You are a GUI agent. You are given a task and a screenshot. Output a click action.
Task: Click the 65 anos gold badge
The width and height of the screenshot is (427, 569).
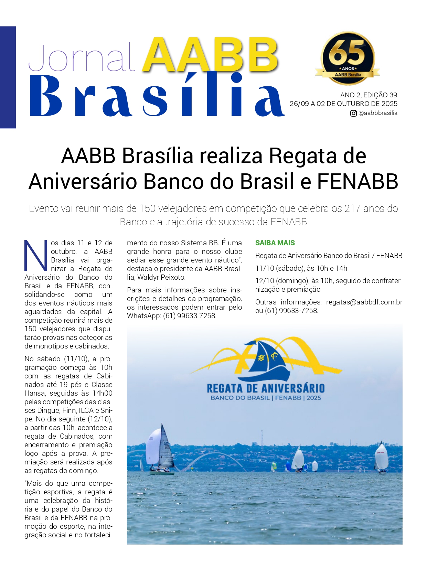(x=348, y=58)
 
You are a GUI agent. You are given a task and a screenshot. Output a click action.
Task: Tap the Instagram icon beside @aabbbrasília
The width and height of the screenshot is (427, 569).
(x=353, y=113)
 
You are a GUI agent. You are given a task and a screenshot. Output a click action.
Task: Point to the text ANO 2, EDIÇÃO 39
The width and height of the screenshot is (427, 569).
(x=369, y=95)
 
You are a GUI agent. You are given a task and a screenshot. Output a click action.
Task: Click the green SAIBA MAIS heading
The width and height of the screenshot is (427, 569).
(x=275, y=243)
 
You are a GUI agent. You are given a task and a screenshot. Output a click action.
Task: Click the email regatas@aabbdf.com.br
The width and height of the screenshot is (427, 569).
(x=364, y=302)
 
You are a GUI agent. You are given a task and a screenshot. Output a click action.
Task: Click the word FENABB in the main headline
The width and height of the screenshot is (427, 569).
(x=357, y=181)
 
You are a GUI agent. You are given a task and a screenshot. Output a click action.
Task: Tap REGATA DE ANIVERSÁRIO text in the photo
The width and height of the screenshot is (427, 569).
(x=265, y=388)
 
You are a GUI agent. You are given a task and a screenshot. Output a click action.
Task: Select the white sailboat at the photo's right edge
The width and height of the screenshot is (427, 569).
(x=381, y=457)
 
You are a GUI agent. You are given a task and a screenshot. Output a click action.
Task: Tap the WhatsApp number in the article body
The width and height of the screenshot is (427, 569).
(x=189, y=316)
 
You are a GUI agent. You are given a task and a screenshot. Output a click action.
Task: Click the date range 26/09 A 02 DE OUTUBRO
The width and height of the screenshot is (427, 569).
(x=343, y=104)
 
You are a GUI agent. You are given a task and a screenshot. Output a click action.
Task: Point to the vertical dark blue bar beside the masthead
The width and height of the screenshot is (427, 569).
(x=8, y=77)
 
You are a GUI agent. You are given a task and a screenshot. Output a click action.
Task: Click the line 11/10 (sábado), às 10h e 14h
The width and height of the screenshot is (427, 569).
(x=301, y=268)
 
